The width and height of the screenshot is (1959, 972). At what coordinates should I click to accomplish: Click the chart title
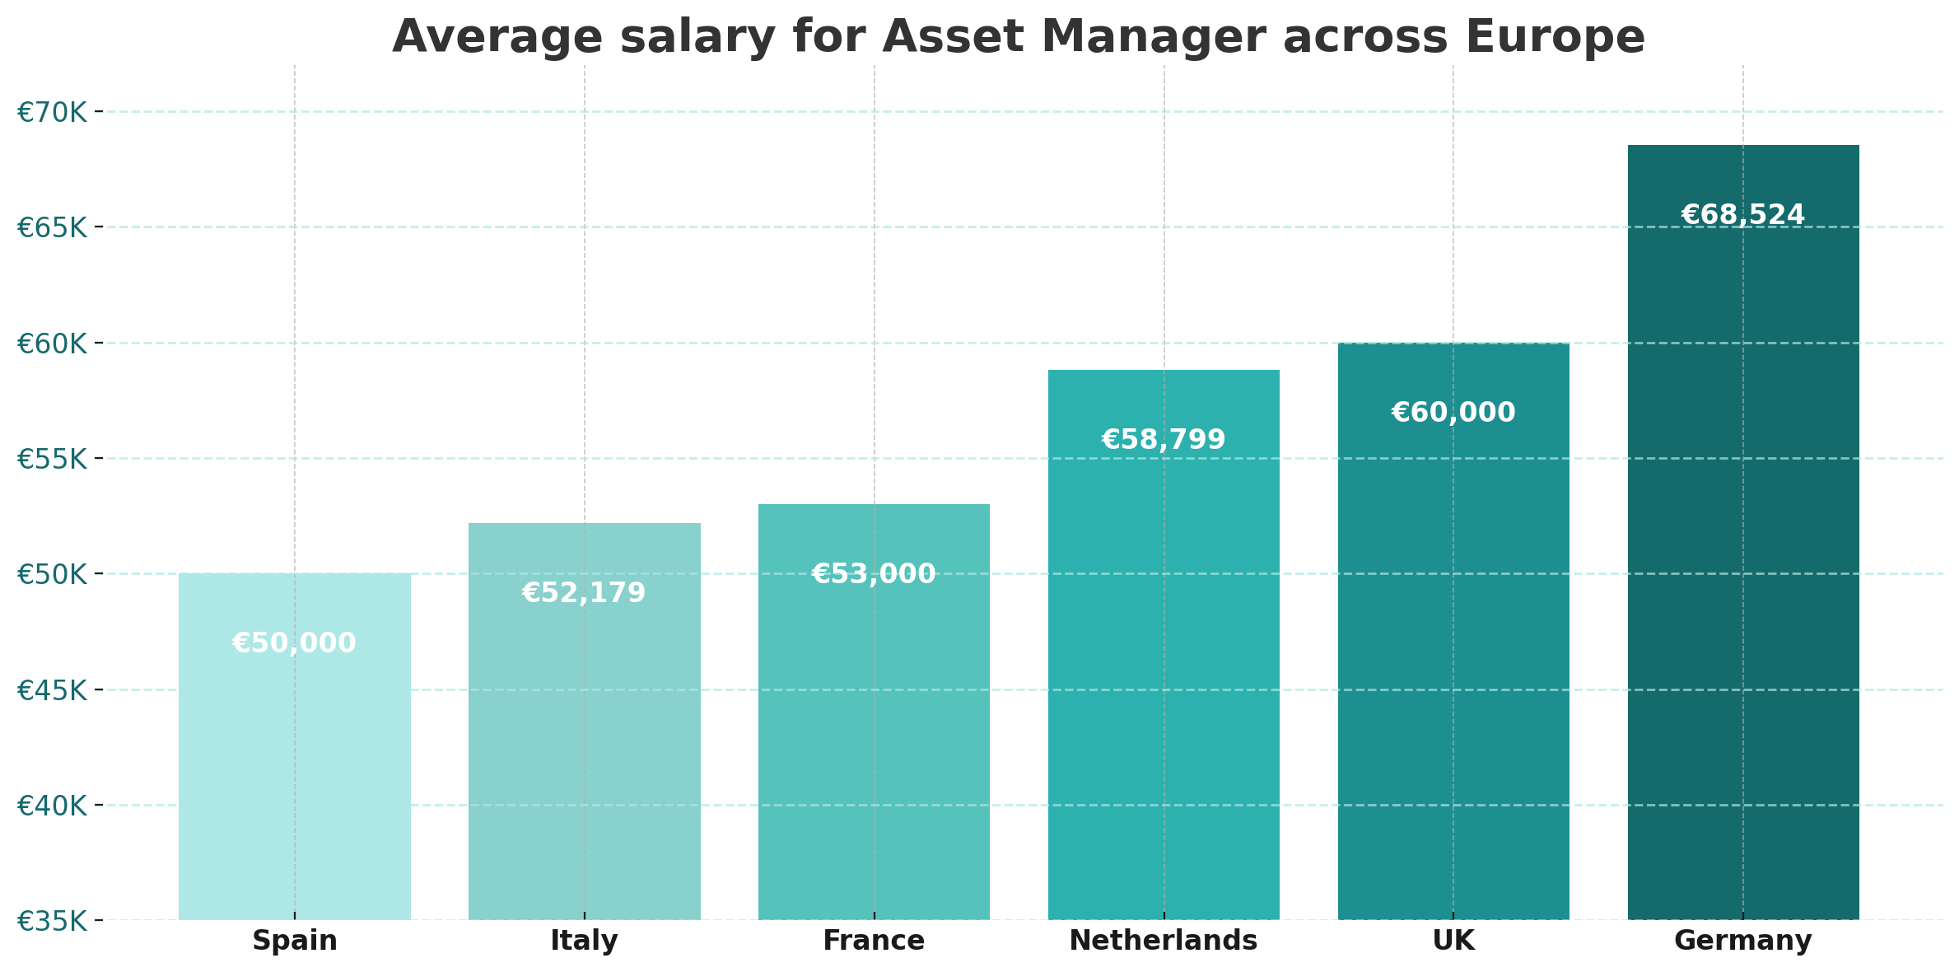pos(1019,37)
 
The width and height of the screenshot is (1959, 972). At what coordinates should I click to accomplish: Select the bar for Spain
pos(295,746)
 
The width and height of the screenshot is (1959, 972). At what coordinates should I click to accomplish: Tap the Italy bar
pos(585,722)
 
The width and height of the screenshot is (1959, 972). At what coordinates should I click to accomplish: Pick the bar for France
pos(874,712)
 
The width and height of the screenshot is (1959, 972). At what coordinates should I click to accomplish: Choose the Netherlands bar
pos(1164,645)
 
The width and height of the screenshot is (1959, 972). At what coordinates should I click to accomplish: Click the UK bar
pos(1453,631)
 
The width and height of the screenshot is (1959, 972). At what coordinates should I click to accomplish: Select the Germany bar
pos(1743,532)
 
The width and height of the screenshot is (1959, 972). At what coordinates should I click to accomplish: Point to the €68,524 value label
pos(1743,215)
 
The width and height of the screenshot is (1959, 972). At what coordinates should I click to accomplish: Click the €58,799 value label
pos(1164,440)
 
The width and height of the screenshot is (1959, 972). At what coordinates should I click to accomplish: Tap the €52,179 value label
pos(585,593)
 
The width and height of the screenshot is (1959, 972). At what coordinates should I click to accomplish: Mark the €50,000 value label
pos(295,643)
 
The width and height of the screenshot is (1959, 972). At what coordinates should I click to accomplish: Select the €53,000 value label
pos(874,574)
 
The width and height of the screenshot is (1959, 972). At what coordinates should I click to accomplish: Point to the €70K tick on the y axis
pos(52,112)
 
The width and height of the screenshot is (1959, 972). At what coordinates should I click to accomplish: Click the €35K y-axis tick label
pos(52,921)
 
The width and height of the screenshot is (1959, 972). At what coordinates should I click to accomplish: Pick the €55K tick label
pos(52,459)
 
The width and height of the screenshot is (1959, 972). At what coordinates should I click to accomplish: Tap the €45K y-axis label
pos(52,690)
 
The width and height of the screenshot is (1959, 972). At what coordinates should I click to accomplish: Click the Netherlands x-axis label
pos(1164,941)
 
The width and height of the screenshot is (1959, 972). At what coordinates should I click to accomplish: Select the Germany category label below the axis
pos(1743,942)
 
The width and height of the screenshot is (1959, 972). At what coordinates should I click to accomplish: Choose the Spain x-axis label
pos(295,942)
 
